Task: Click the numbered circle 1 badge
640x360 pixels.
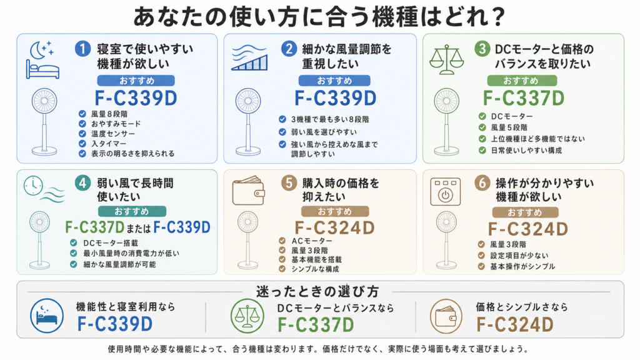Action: coord(82,49)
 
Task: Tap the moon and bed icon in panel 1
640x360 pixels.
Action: coord(42,59)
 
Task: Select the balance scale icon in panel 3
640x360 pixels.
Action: coord(446,59)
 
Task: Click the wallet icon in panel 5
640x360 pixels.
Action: coord(248,191)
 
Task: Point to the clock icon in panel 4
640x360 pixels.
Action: coord(33,186)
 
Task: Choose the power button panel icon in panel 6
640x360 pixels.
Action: coord(445,191)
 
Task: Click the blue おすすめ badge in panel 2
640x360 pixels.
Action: coord(334,81)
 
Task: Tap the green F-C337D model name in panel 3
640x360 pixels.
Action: coord(523,98)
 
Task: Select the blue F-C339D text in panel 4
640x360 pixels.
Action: coord(182,227)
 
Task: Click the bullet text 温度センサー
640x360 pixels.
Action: coord(113,134)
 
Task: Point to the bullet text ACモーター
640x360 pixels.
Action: coord(312,241)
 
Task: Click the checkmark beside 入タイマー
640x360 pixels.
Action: coord(82,144)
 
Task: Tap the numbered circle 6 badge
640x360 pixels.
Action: coord(482,183)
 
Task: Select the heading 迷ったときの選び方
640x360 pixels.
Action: coord(317,291)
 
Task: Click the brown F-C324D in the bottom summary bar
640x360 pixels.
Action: coord(515,325)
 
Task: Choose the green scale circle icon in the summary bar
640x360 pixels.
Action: coord(247,316)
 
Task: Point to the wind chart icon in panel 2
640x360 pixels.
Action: coord(249,57)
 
